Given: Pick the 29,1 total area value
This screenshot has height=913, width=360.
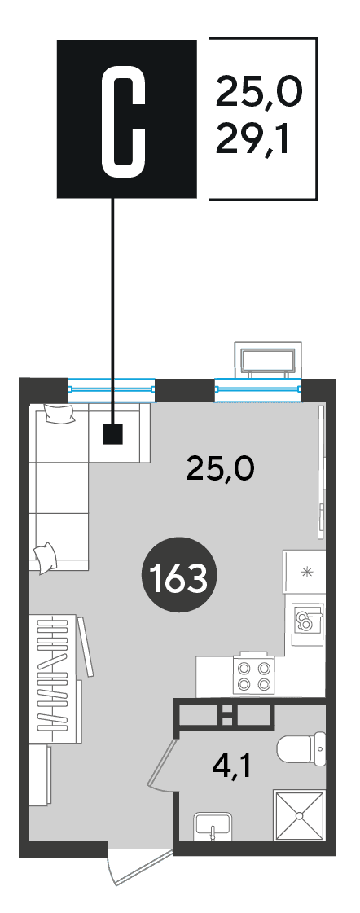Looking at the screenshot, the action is coord(252,140).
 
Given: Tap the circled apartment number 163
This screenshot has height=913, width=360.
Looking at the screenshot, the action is coord(179,575).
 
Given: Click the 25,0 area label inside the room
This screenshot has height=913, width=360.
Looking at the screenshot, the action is coord(220,467).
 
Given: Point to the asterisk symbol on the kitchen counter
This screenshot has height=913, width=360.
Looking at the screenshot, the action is coord(305,571).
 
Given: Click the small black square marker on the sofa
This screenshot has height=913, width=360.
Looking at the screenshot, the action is coord(113,434).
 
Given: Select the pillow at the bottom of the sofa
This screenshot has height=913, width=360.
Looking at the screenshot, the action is coord(45,557).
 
